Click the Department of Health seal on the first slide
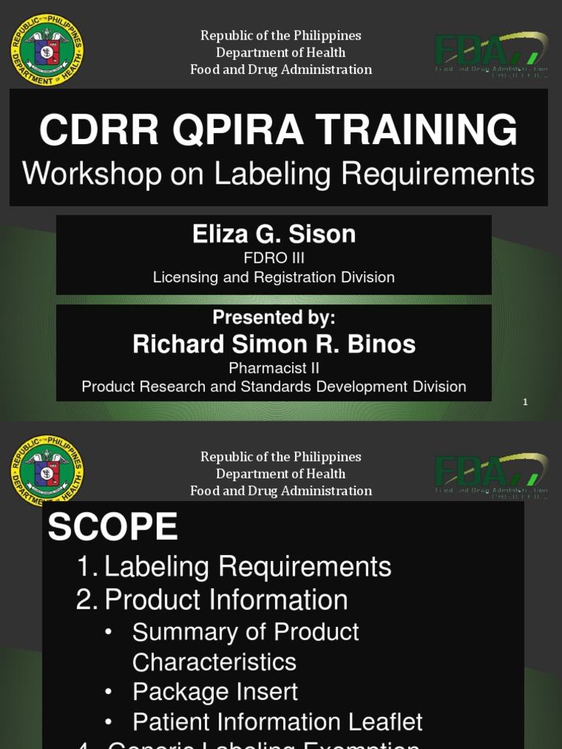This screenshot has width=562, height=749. coord(47,50)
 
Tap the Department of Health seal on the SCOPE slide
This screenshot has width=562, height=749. coord(47,471)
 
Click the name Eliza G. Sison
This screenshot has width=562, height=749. coord(274,234)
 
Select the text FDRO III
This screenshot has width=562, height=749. coord(274,258)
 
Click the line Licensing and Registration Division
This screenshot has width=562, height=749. coord(274,277)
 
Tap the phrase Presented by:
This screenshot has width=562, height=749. coord(274,317)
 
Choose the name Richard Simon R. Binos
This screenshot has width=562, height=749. coord(274,345)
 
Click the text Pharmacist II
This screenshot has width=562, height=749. coord(274,368)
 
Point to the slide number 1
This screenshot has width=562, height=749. coord(525,402)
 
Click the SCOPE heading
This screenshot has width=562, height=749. coord(113,527)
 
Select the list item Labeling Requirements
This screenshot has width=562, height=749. coord(247,567)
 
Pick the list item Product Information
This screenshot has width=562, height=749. coord(225,600)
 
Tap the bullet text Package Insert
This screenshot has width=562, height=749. coord(215,691)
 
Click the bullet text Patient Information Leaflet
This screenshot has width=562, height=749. coord(277,722)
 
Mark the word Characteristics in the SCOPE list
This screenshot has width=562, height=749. coord(214,662)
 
